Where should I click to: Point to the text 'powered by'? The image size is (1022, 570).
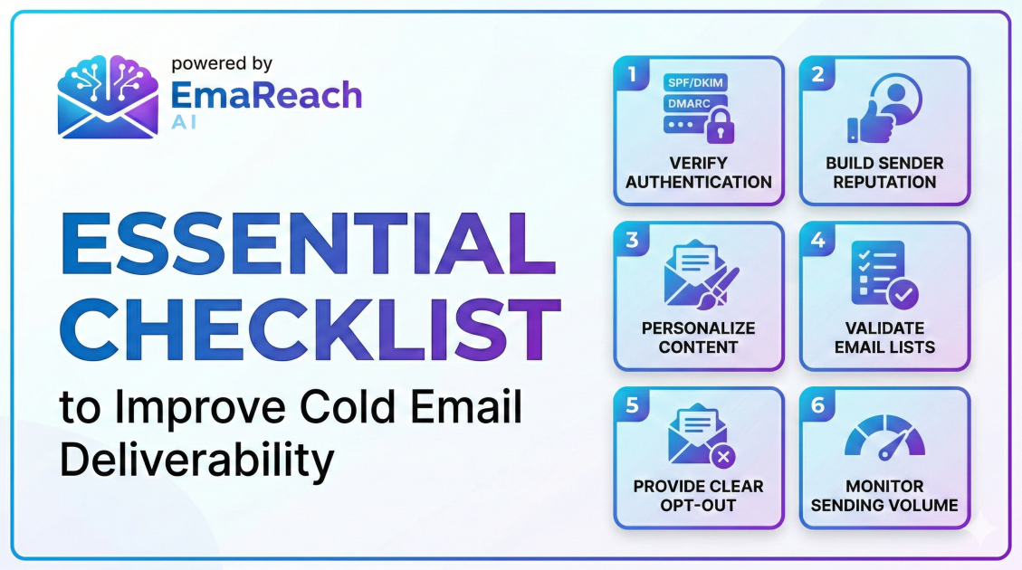[x=222, y=63]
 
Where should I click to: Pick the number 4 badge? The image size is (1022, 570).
[x=817, y=240]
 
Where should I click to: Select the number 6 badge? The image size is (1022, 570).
[x=817, y=404]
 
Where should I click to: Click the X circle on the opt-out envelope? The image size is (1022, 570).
[x=722, y=456]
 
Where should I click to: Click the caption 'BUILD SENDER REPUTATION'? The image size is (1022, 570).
[x=884, y=173]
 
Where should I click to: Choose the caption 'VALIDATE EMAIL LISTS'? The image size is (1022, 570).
[x=884, y=337]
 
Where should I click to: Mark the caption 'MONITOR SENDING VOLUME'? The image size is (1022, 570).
[x=884, y=496]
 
